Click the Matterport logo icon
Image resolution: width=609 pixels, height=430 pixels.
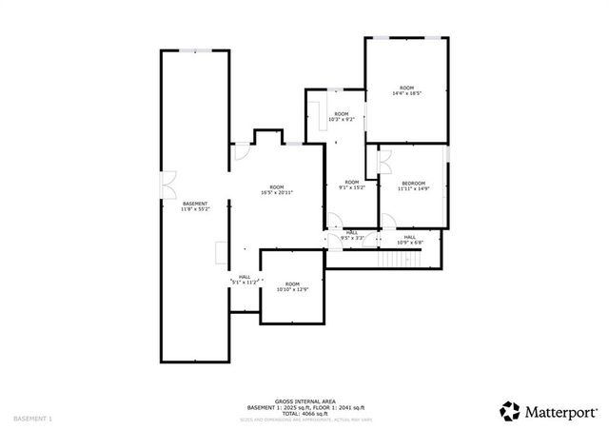(x=510, y=411)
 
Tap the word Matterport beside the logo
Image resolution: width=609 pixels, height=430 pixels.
(x=558, y=412)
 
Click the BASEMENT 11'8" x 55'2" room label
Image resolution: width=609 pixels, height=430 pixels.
(x=194, y=206)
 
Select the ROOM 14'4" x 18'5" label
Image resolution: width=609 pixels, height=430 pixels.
(x=406, y=90)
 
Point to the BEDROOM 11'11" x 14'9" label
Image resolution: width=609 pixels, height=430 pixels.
(x=413, y=186)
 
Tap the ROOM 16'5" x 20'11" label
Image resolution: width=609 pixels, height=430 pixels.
(x=277, y=190)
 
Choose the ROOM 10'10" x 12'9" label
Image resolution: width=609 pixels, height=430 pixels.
(x=292, y=287)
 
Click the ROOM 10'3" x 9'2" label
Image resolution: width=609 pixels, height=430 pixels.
(x=341, y=117)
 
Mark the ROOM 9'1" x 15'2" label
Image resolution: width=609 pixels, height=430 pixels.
(x=351, y=185)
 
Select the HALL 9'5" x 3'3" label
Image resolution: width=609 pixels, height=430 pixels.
(x=351, y=235)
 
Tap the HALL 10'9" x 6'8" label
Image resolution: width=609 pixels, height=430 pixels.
(x=409, y=240)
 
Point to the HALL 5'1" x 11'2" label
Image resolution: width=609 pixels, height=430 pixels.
(x=245, y=280)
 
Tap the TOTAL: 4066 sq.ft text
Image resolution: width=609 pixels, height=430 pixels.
(x=304, y=414)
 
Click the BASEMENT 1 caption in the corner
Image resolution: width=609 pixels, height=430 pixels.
(x=32, y=420)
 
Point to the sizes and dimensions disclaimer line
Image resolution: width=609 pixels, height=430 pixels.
(x=304, y=420)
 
